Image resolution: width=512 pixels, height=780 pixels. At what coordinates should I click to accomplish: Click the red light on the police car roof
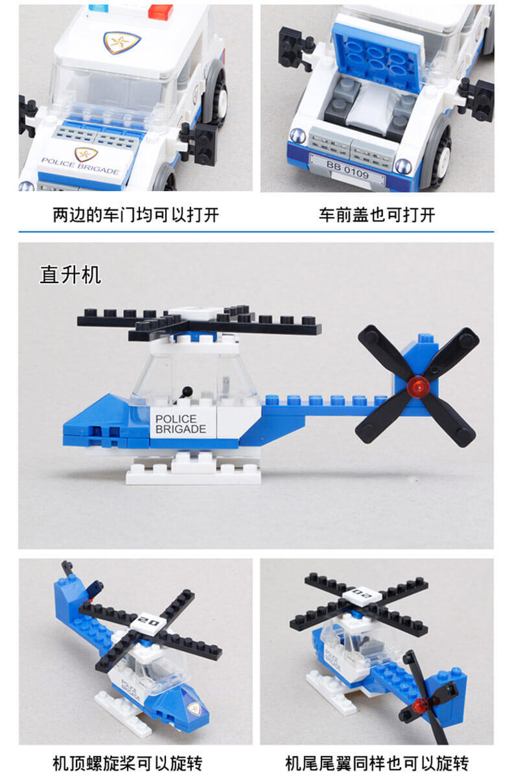[x=160, y=11]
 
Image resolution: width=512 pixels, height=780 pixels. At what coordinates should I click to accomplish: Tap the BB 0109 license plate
[x=347, y=170]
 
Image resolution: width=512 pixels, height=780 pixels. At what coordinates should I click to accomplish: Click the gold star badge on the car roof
[x=122, y=42]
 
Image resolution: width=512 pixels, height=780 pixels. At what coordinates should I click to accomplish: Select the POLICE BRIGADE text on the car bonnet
[x=80, y=166]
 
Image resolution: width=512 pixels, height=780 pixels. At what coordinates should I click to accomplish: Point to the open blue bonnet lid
[x=378, y=53]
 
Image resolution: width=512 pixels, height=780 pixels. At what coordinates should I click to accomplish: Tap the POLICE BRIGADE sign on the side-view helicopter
[x=181, y=424]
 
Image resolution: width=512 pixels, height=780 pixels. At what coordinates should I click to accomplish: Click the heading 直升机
[x=71, y=275]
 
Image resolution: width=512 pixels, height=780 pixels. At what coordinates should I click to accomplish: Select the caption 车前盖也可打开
[x=377, y=215]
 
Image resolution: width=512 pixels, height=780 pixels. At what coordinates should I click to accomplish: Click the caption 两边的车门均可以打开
[x=135, y=215]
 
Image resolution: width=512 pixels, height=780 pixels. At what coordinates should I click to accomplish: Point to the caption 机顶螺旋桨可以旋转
[x=128, y=764]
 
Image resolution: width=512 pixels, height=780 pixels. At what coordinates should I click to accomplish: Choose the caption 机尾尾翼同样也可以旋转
[x=377, y=764]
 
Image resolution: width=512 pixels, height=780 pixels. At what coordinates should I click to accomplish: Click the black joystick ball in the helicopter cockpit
[x=187, y=391]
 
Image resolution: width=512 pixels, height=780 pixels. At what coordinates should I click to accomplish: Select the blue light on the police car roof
[x=99, y=7]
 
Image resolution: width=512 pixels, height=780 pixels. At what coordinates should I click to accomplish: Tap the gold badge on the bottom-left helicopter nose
[x=193, y=707]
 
